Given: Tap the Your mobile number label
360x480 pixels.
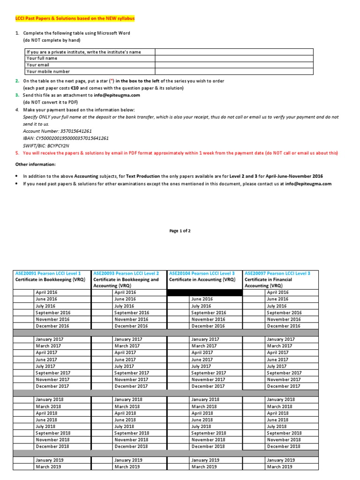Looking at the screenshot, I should click(x=48, y=72).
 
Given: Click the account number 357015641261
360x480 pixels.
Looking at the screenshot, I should click(x=57, y=131).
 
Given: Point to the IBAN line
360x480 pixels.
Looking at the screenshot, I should click(x=66, y=138).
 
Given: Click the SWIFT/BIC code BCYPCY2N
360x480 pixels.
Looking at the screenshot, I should click(x=49, y=145).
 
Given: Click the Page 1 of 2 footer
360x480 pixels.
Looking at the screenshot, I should click(x=180, y=231).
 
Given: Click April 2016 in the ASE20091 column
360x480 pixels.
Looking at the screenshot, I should click(x=46, y=292).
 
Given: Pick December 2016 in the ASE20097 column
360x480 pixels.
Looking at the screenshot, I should click(x=284, y=326).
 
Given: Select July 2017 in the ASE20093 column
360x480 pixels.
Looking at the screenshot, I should click(x=124, y=366).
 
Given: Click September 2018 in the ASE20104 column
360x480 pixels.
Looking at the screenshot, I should click(x=209, y=433).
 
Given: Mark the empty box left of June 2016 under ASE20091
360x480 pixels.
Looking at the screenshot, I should click(x=23, y=299).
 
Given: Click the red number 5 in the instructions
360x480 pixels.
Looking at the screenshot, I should click(x=17, y=153).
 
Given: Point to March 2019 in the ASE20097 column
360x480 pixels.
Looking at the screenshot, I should click(x=279, y=466).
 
